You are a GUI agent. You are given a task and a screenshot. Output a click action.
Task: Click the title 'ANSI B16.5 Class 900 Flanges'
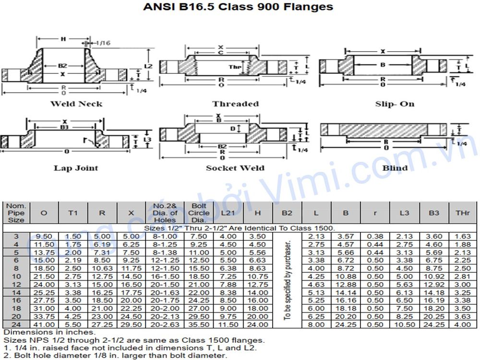pos(238,7)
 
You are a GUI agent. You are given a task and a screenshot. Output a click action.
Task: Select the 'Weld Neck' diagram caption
pos(76,104)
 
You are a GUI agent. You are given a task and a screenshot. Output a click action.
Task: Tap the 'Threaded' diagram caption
pos(235,104)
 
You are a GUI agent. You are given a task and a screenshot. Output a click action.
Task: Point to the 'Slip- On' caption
pos(395,104)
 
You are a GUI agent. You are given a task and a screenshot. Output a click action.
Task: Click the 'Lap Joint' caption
pos(76,168)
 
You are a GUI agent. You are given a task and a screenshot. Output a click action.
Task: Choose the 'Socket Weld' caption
pos(235,168)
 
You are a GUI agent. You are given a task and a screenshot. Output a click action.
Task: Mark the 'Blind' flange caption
pos(395,168)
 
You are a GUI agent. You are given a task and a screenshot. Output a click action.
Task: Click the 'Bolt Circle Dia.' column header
pos(199,213)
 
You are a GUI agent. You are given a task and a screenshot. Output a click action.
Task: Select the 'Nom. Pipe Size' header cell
pos(16,213)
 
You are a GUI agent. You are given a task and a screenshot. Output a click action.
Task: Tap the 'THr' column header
pos(462,213)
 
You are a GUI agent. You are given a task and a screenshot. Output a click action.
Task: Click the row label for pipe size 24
pos(16,324)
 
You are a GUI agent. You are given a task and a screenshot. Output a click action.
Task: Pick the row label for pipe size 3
pos(16,236)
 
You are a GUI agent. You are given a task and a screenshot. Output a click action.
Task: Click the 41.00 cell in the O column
pos(44,324)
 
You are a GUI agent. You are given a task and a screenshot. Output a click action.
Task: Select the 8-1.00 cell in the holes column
pos(165,236)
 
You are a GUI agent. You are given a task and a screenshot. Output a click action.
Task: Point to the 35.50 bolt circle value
pos(199,324)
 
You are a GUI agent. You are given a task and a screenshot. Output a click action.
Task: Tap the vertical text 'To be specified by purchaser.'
pos(287,280)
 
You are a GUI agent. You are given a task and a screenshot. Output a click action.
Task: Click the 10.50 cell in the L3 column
pos(405,324)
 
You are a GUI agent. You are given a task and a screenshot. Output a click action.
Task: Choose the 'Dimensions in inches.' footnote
pos(49,332)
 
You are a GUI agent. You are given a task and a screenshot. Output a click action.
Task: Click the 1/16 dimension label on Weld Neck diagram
pos(103,43)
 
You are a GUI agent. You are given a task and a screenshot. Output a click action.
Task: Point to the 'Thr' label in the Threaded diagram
pos(235,67)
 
